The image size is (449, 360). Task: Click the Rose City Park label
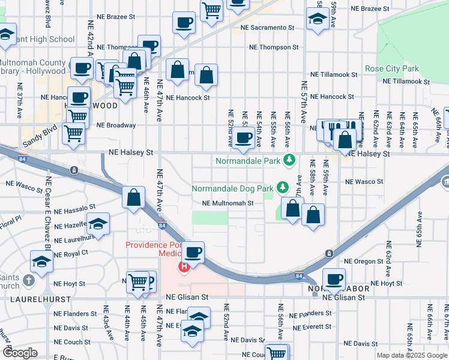tap(391, 69)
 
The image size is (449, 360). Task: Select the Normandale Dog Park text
tap(232, 188)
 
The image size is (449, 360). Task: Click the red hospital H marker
tap(185, 266)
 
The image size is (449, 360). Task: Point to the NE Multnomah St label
tap(228, 203)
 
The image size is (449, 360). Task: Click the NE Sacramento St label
tap(268, 28)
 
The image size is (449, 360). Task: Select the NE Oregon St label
tap(364, 262)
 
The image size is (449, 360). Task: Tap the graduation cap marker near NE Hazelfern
tap(98, 224)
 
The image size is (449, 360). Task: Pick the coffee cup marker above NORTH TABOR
tap(334, 279)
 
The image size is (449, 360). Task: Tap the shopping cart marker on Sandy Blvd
tap(74, 134)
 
